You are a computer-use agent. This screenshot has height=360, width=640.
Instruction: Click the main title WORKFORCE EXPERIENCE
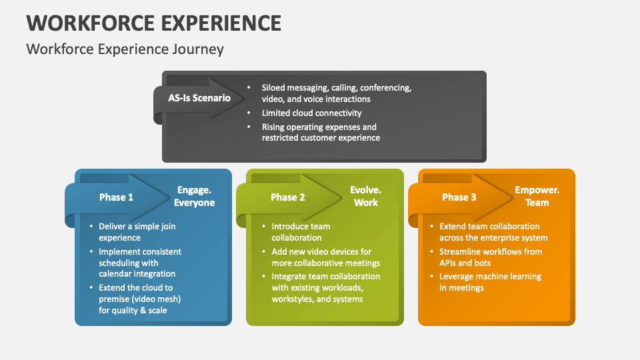[153, 22]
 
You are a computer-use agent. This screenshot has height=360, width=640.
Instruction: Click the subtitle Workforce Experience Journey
[125, 49]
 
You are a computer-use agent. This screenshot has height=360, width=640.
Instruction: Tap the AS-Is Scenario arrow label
[199, 98]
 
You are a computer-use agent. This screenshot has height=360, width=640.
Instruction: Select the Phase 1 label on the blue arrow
[116, 197]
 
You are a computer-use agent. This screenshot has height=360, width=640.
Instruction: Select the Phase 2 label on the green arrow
[288, 197]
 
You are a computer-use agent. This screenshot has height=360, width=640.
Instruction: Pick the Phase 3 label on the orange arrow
[459, 197]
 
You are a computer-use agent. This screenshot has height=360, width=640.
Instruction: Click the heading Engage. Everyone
[194, 197]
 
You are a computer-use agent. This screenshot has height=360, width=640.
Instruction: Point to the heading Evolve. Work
[365, 197]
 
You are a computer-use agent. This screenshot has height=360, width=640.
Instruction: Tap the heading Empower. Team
[537, 197]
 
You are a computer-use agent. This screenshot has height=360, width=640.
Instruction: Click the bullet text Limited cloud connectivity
[311, 113]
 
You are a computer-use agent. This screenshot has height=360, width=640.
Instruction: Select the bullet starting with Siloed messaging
[336, 93]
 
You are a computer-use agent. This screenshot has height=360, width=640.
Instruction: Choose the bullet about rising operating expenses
[320, 133]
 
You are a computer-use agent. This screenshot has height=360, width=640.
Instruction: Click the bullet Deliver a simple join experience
[137, 232]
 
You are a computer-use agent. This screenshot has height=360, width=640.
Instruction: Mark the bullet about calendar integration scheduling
[140, 263]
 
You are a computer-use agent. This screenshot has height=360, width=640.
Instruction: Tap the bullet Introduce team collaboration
[301, 232]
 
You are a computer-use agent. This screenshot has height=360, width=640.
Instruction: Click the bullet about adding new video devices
[321, 257]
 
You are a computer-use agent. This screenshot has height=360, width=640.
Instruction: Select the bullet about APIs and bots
[490, 257]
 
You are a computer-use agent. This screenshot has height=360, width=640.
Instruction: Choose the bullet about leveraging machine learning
[490, 282]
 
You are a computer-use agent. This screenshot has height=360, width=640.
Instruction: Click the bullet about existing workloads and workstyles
[325, 288]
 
